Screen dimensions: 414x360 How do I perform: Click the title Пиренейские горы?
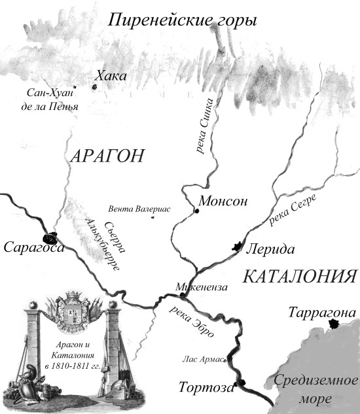pos(183,20)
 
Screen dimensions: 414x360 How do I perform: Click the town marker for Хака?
pos(95,86)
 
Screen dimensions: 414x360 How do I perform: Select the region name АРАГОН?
pos(105,156)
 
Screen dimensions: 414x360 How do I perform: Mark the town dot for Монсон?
pos(197,212)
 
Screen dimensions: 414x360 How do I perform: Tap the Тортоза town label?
pos(206,387)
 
